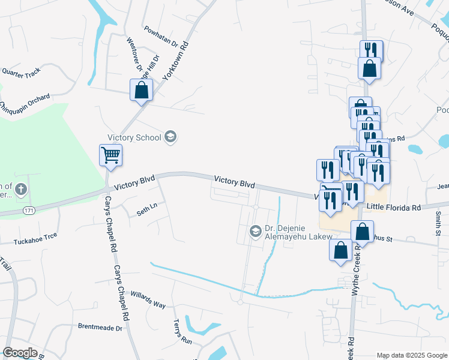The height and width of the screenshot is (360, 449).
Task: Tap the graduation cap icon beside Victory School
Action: coord(170,137)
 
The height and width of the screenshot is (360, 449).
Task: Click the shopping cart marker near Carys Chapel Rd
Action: coord(110,155)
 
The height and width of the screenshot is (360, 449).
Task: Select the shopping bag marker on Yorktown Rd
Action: coord(141,90)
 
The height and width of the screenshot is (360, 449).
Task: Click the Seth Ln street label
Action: coord(146,208)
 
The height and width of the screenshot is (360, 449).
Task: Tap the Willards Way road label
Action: coord(148,301)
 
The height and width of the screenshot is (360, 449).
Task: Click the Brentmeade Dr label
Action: coord(100,328)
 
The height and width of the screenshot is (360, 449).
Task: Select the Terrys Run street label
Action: coord(182,332)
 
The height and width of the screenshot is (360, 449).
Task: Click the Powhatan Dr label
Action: coord(161,36)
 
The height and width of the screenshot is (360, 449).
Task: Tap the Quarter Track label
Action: coord(21,72)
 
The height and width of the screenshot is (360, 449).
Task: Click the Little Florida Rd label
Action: coord(394,207)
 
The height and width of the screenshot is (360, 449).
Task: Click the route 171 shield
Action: coord(29,211)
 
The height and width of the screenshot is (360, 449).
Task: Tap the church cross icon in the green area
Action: coord(20,190)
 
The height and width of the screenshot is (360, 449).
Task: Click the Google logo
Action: coord(20,353)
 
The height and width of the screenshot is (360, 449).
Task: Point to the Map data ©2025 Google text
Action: coord(411,355)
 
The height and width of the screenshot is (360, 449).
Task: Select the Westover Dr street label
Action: coord(133,54)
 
